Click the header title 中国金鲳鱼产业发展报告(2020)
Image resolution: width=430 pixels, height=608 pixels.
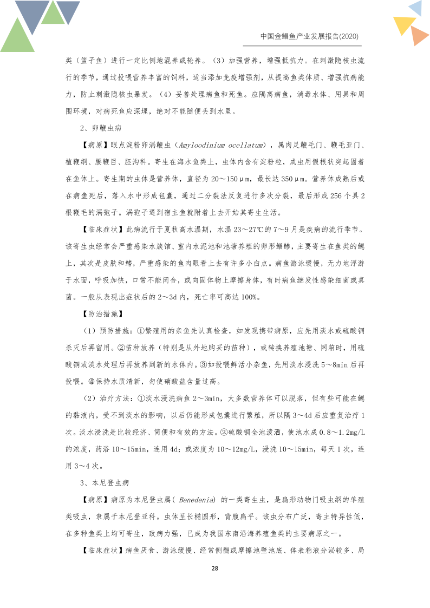[309, 36]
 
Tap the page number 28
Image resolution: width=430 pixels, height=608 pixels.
[214, 568]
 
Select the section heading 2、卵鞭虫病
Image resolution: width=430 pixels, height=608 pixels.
[100, 129]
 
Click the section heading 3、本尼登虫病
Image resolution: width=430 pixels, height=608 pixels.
[104, 482]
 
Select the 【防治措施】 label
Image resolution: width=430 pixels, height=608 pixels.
[102, 313]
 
